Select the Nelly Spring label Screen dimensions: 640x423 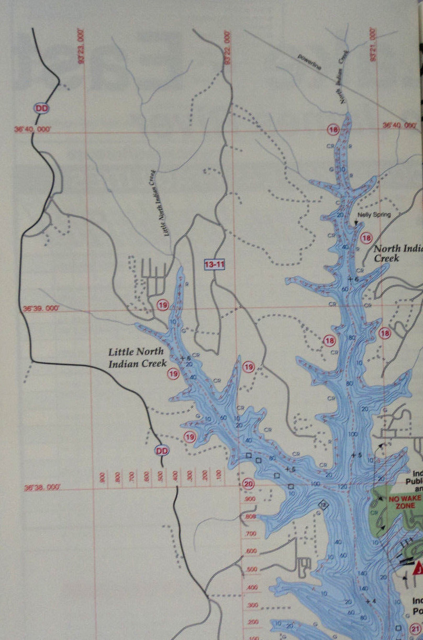click(374, 215)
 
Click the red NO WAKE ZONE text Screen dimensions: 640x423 click(402, 503)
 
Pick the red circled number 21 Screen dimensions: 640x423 click(416, 628)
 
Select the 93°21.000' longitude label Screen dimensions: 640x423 click(373, 46)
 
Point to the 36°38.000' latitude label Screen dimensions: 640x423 click(42, 488)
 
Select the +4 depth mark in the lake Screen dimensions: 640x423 click(371, 601)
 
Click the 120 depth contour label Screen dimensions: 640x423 click(342, 487)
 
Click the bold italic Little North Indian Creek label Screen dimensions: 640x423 click(138, 357)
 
